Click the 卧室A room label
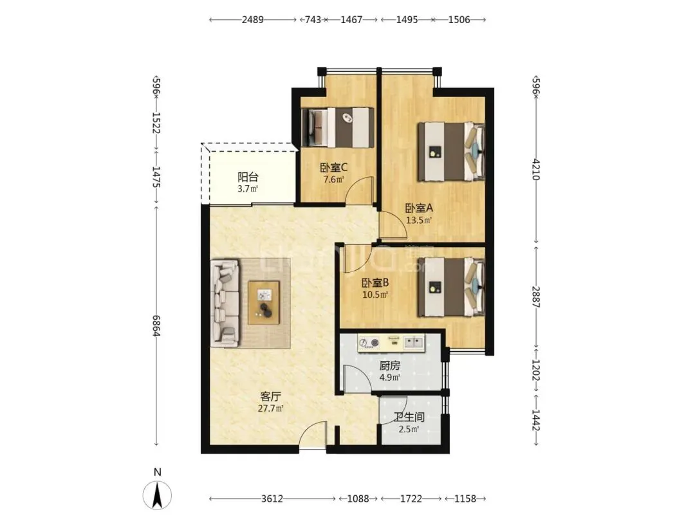point(419,208)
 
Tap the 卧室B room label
point(375,282)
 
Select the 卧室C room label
point(333,167)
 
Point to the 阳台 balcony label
point(248,178)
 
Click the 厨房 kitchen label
point(389,366)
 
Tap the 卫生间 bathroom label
point(409,417)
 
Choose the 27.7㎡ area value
point(270,408)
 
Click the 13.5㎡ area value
point(419,220)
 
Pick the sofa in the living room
point(225,303)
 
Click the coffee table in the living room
point(264,302)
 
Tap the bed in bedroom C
point(337,127)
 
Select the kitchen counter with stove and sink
point(391,343)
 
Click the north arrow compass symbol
point(157,495)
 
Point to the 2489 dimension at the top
point(253,19)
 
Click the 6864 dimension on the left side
point(156,325)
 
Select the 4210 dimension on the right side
point(536,169)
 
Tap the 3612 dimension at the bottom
point(272,499)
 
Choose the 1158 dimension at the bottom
point(465,499)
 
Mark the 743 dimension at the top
point(313,19)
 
